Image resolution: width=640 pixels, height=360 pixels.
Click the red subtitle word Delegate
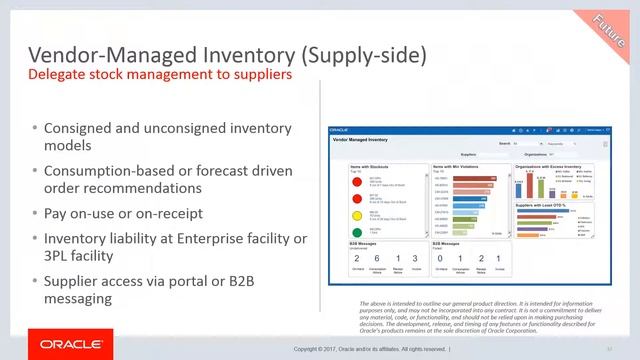[59, 75]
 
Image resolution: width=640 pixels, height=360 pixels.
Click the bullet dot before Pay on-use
[34, 213]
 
